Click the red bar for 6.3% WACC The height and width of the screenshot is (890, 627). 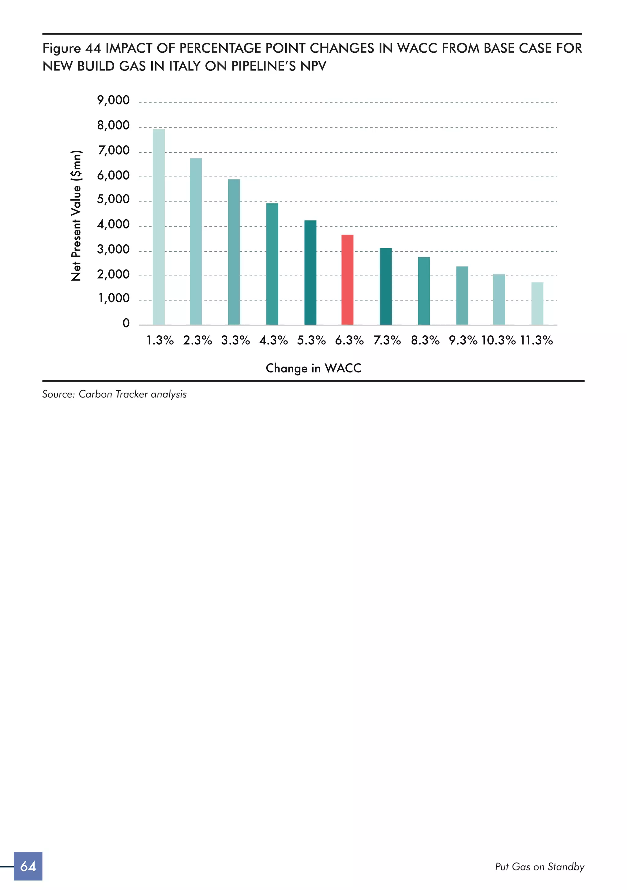[x=347, y=280]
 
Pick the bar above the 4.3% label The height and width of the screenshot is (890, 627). [x=272, y=264]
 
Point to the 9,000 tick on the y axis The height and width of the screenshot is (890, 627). [x=113, y=100]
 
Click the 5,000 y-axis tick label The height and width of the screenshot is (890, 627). [x=113, y=200]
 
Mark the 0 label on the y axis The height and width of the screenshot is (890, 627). [x=126, y=323]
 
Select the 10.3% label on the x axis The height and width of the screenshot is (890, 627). [x=498, y=340]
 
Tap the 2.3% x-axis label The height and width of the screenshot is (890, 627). [x=198, y=340]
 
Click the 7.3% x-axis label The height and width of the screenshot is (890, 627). [x=387, y=340]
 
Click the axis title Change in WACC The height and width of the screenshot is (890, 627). [x=313, y=368]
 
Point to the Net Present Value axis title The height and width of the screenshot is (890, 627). [x=76, y=216]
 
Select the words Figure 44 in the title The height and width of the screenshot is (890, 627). [x=72, y=48]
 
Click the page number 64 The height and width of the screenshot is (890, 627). [x=28, y=866]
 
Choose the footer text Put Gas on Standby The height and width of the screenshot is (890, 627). [x=539, y=867]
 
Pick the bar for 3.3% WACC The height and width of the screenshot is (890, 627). [x=234, y=252]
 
